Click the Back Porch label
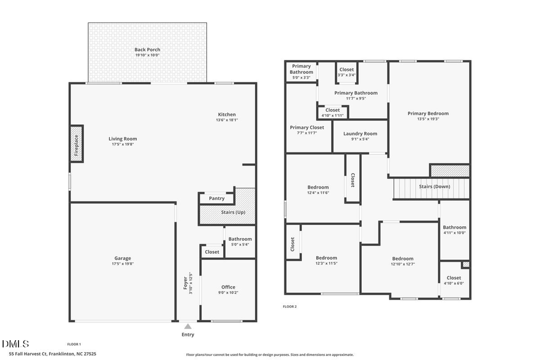[147, 50]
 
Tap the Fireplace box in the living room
[76, 143]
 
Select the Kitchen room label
[227, 115]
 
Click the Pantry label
[217, 199]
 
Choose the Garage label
[122, 259]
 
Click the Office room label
[228, 287]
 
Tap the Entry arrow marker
[188, 326]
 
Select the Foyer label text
[185, 283]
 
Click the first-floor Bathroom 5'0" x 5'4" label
[239, 239]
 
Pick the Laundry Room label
[360, 133]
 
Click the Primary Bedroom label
[428, 113]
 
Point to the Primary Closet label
[307, 127]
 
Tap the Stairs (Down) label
[434, 187]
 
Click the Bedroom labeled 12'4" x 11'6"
[318, 187]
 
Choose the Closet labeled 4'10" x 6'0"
[454, 278]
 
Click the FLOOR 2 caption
[290, 307]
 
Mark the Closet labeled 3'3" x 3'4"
[347, 70]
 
